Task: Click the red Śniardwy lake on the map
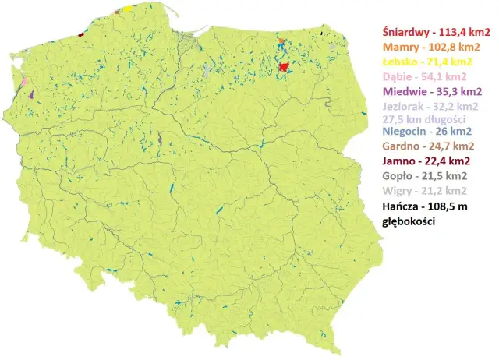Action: coord(285,68)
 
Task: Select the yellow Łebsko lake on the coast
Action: coord(128,9)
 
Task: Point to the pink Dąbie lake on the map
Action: coord(24,79)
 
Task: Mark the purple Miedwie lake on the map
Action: coord(32,94)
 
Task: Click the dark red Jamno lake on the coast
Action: coord(81,34)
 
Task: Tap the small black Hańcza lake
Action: coord(322,34)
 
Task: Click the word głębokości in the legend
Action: coord(408,221)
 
